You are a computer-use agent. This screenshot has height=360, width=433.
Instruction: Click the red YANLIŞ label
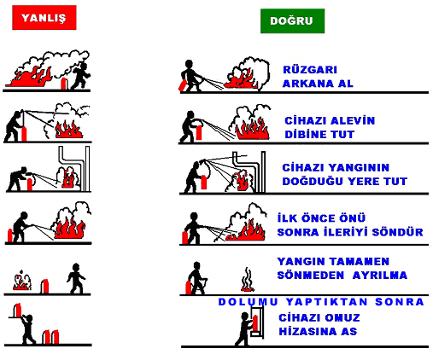tap(44, 18)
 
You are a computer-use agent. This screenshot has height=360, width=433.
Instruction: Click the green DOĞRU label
tap(292, 20)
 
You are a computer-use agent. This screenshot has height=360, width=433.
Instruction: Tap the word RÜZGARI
tap(310, 70)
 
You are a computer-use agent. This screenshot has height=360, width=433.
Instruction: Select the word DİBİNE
tap(305, 134)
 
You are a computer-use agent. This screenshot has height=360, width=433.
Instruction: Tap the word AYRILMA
tap(380, 276)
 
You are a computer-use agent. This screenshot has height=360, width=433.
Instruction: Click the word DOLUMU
tap(248, 302)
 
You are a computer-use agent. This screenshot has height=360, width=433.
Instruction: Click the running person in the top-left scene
tap(80, 75)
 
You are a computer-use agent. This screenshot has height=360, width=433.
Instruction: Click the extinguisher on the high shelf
tap(18, 310)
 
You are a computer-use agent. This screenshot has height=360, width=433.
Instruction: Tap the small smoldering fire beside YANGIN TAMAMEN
tap(248, 281)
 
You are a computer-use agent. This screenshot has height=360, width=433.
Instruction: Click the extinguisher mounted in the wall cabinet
tap(255, 323)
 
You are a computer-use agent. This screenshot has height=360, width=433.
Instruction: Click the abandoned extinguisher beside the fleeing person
tap(63, 84)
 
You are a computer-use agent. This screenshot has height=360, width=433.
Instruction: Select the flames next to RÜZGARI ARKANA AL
tap(242, 78)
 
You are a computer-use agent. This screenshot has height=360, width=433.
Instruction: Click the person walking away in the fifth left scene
tap(76, 278)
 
